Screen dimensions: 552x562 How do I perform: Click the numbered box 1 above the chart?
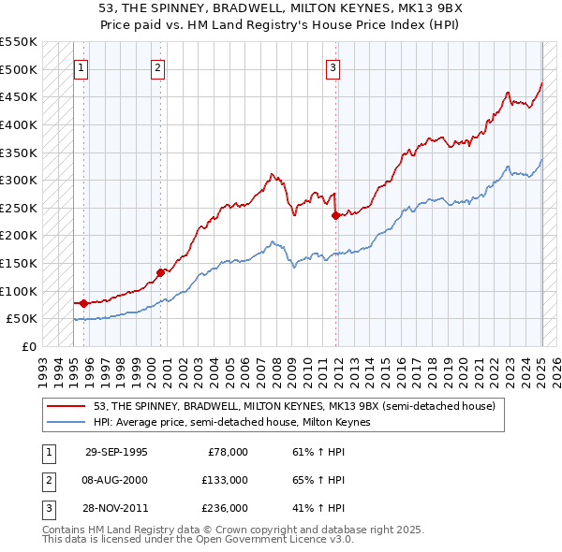pos(81,67)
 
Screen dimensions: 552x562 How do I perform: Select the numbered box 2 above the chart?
pos(157,67)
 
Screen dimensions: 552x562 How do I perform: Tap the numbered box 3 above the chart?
pos(333,67)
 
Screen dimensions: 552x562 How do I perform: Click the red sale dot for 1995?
pos(84,303)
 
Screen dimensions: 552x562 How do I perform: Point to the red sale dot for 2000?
pos(160,272)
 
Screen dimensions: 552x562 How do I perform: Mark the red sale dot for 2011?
pos(335,215)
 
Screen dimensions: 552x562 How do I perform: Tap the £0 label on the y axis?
pos(29,346)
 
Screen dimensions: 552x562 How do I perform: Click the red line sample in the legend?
pos(67,406)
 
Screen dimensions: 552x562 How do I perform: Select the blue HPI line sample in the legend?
pos(67,422)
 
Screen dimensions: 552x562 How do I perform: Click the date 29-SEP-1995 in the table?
pos(116,452)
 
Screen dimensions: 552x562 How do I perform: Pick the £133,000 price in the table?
pos(226,480)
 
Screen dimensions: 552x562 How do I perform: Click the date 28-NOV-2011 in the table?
pos(116,508)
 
